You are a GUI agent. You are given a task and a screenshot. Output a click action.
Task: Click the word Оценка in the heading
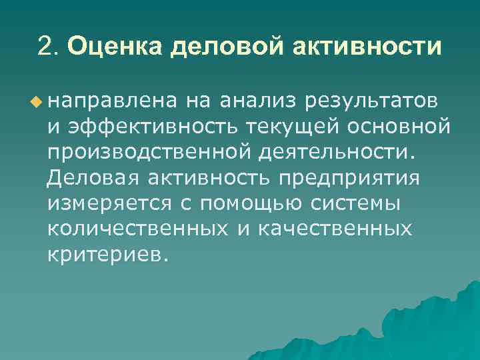[109, 47]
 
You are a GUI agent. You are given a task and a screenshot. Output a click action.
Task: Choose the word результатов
[371, 102]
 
